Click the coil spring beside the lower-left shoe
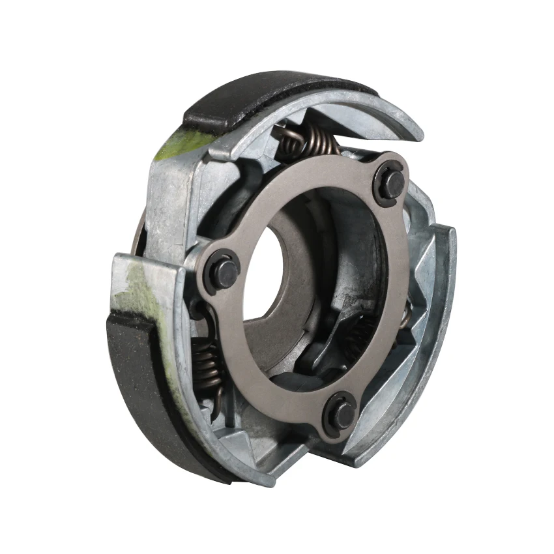pyautogui.click(x=206, y=365)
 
